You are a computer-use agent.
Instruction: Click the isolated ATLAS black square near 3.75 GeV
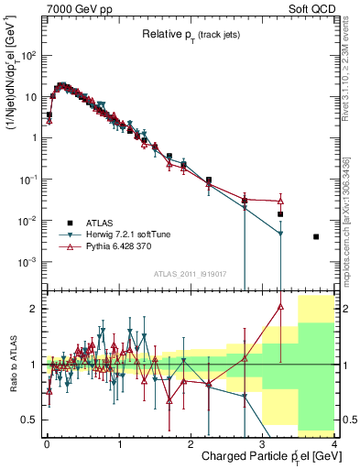pyautogui.click(x=316, y=236)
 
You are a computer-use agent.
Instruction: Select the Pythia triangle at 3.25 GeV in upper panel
pyautogui.click(x=280, y=201)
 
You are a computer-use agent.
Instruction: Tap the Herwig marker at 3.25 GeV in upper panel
pyautogui.click(x=280, y=234)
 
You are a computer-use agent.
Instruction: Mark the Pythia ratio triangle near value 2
pyautogui.click(x=280, y=308)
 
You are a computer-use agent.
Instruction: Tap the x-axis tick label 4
pyautogui.click(x=334, y=443)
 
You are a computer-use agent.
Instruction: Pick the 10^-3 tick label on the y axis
pyautogui.click(x=29, y=262)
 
